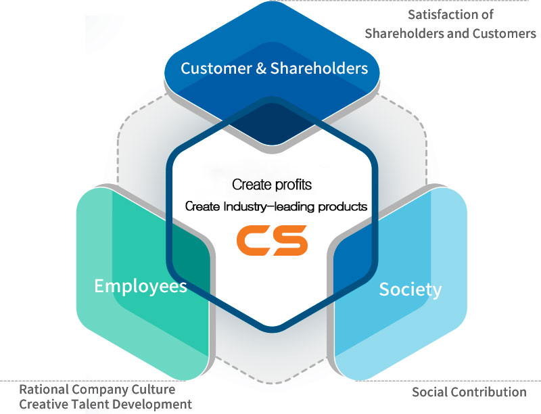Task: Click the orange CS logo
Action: (x=272, y=241)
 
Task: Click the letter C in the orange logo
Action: (x=253, y=241)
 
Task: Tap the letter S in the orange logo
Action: (x=290, y=241)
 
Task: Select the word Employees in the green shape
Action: (x=141, y=286)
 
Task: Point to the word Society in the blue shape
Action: (x=410, y=290)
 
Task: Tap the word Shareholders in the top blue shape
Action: (x=319, y=68)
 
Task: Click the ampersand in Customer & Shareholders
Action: (x=260, y=68)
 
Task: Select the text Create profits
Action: (x=272, y=184)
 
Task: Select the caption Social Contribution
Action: (x=469, y=392)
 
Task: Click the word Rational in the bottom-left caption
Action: (x=43, y=390)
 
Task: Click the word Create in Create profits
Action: (x=248, y=184)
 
